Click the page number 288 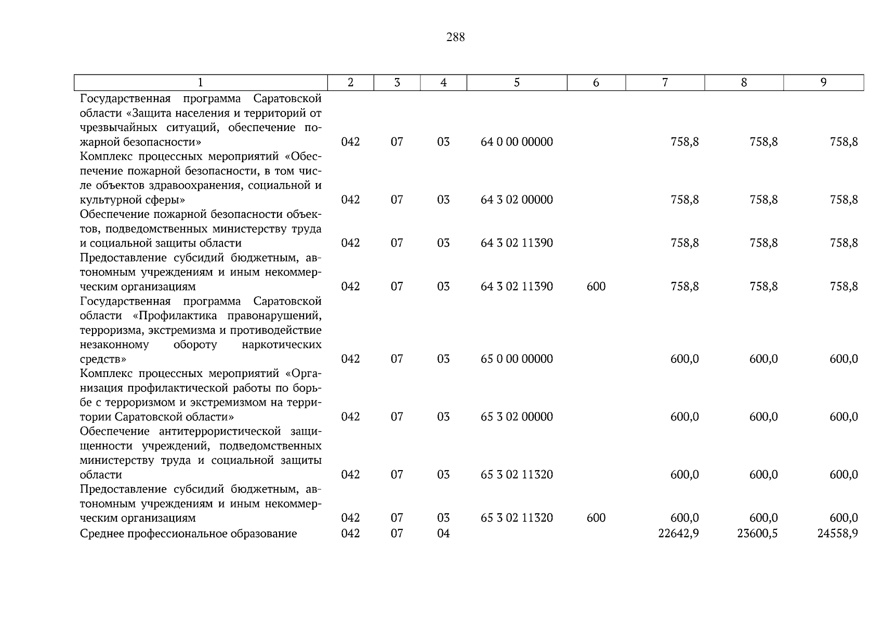click(x=455, y=37)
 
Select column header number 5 click(x=517, y=83)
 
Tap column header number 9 click(x=823, y=83)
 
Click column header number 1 click(x=201, y=83)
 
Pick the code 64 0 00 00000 click(x=517, y=142)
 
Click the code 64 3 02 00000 click(x=517, y=200)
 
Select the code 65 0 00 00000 click(x=517, y=359)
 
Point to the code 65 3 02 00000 click(x=517, y=417)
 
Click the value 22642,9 click(x=678, y=533)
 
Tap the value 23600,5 click(x=757, y=533)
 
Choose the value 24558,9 click(x=837, y=533)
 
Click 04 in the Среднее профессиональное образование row click(x=443, y=533)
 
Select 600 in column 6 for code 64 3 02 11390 click(x=596, y=287)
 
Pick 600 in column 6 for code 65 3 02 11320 click(x=596, y=518)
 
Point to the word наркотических click(x=282, y=345)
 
